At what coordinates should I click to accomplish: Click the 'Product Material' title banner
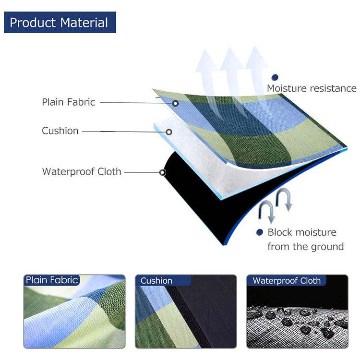[x=60, y=22]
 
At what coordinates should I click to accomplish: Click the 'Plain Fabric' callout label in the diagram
[x=68, y=102]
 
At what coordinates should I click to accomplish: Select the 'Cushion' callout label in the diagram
[x=60, y=131]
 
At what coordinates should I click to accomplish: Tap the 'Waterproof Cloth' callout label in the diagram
[x=82, y=171]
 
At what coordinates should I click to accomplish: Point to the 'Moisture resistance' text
[x=312, y=88]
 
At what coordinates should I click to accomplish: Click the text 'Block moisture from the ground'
[x=305, y=240]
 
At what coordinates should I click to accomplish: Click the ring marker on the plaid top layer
[x=176, y=103]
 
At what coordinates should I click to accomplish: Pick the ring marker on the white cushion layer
[x=168, y=132]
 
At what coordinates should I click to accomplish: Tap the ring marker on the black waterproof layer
[x=163, y=172]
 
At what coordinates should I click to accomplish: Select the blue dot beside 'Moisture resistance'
[x=275, y=77]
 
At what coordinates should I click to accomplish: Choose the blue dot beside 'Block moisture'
[x=260, y=232]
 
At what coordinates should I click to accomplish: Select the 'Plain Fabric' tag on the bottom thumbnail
[x=51, y=280]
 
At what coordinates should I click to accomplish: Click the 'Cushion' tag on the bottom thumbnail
[x=156, y=280]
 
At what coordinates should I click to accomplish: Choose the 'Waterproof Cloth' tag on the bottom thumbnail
[x=287, y=280]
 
